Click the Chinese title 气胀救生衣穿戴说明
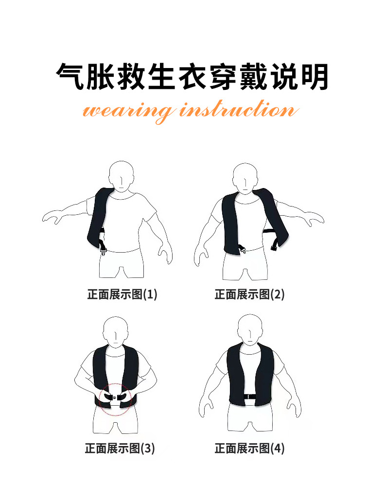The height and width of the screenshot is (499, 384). click(x=192, y=77)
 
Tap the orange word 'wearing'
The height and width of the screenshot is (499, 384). click(x=128, y=112)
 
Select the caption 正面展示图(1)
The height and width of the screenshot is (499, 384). click(x=122, y=294)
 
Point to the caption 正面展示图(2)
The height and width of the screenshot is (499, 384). click(x=249, y=294)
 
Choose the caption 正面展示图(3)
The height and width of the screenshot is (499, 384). click(x=120, y=448)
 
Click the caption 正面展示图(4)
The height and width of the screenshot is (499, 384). click(x=249, y=448)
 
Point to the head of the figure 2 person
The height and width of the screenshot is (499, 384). click(x=245, y=178)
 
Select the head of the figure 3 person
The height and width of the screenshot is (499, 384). click(x=116, y=331)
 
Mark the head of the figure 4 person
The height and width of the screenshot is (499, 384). click(x=250, y=329)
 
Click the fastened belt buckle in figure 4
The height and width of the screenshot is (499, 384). click(x=250, y=397)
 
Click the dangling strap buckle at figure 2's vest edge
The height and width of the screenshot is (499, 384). click(x=274, y=247)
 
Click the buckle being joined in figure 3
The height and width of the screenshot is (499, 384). click(x=114, y=397)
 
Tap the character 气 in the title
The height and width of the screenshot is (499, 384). click(x=70, y=77)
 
